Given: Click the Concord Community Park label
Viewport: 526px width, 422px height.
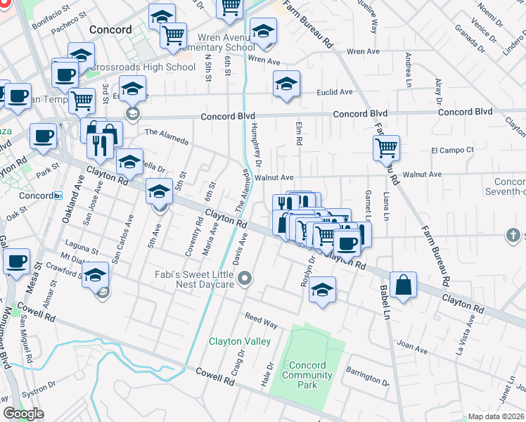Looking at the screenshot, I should click(307, 375).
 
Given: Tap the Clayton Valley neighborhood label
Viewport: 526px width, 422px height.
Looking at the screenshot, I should click(240, 342).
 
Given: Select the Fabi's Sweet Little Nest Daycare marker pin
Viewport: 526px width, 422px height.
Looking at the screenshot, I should click(245, 280).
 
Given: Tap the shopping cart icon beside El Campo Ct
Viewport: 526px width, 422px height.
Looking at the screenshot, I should click(386, 148).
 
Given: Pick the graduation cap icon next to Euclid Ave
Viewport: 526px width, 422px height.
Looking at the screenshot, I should click(286, 84).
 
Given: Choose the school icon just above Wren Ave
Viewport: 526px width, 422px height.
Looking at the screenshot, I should click(263, 31).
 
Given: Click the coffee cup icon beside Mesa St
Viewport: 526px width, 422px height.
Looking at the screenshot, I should click(17, 262).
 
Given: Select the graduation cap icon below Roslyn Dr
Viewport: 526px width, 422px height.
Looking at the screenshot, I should click(322, 290).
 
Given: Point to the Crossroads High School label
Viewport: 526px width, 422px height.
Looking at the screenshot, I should click(141, 68).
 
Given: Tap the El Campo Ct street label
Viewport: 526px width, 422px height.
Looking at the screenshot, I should click(452, 150).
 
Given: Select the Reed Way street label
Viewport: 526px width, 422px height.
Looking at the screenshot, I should click(260, 319).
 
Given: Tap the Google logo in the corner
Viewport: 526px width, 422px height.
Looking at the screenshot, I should click(23, 414).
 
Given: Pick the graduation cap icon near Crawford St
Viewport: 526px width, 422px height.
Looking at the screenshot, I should click(96, 275).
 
